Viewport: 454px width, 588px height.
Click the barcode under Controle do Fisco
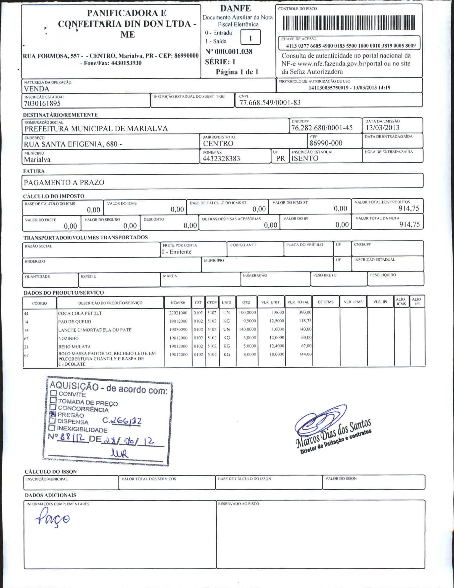(349, 23)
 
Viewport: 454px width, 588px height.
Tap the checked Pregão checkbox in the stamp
(53, 414)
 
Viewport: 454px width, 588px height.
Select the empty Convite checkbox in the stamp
(54, 393)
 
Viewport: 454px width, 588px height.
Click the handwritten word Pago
(52, 518)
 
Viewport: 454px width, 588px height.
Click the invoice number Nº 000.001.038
(229, 52)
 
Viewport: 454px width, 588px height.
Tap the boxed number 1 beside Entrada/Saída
(250, 38)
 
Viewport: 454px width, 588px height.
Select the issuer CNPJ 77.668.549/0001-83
(270, 103)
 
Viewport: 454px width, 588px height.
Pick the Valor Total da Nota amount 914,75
(409, 224)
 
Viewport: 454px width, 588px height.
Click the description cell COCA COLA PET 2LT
(80, 313)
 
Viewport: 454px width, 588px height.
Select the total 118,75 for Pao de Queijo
(305, 321)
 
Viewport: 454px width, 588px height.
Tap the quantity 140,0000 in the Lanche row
(247, 329)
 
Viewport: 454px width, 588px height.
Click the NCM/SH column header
(178, 303)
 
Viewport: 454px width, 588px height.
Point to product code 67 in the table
(26, 355)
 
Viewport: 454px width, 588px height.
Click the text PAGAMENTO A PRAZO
(64, 182)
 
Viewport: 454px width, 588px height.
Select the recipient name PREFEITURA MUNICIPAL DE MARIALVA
(96, 128)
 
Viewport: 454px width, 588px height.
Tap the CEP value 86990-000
(326, 143)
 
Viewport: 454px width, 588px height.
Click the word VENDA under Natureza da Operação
(36, 89)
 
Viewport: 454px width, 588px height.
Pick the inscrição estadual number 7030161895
(42, 103)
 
